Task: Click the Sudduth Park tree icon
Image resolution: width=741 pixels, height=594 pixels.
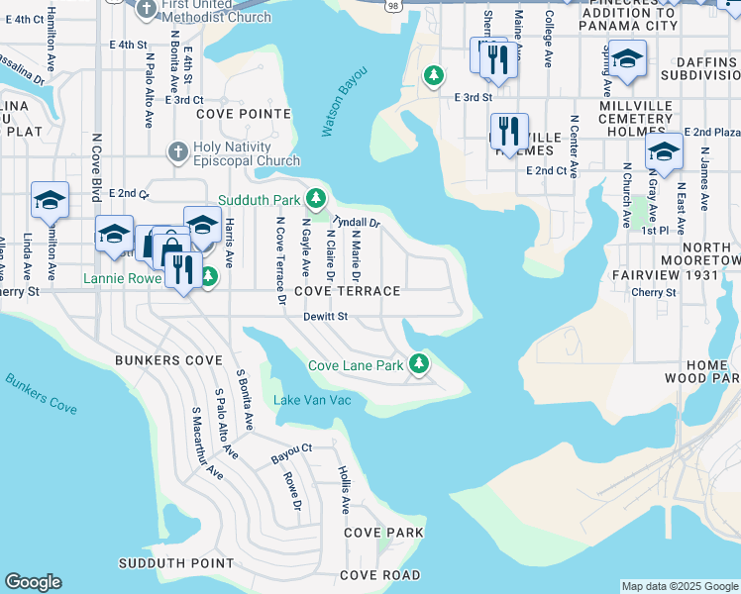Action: click(x=315, y=199)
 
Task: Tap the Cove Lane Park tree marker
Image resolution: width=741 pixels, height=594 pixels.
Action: click(x=419, y=364)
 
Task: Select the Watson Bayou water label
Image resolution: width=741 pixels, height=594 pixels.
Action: click(x=344, y=102)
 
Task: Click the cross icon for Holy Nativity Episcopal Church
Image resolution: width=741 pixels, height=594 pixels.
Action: click(x=177, y=152)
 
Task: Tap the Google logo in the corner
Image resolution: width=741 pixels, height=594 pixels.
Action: click(x=33, y=582)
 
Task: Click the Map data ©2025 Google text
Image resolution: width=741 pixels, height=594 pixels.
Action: click(x=679, y=586)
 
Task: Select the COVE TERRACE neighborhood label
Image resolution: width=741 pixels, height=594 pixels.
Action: click(x=347, y=291)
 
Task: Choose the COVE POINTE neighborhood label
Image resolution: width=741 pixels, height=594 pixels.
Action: click(x=235, y=114)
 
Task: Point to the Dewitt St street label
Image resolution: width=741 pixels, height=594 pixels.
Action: click(x=327, y=317)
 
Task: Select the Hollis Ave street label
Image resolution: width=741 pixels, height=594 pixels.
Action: click(x=343, y=489)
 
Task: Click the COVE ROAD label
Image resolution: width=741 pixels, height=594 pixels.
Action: click(x=379, y=575)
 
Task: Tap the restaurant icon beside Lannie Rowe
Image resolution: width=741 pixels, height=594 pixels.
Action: click(x=181, y=268)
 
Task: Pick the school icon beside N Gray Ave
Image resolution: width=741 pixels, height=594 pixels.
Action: click(x=663, y=152)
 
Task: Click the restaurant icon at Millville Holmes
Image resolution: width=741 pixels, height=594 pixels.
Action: click(x=509, y=131)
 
